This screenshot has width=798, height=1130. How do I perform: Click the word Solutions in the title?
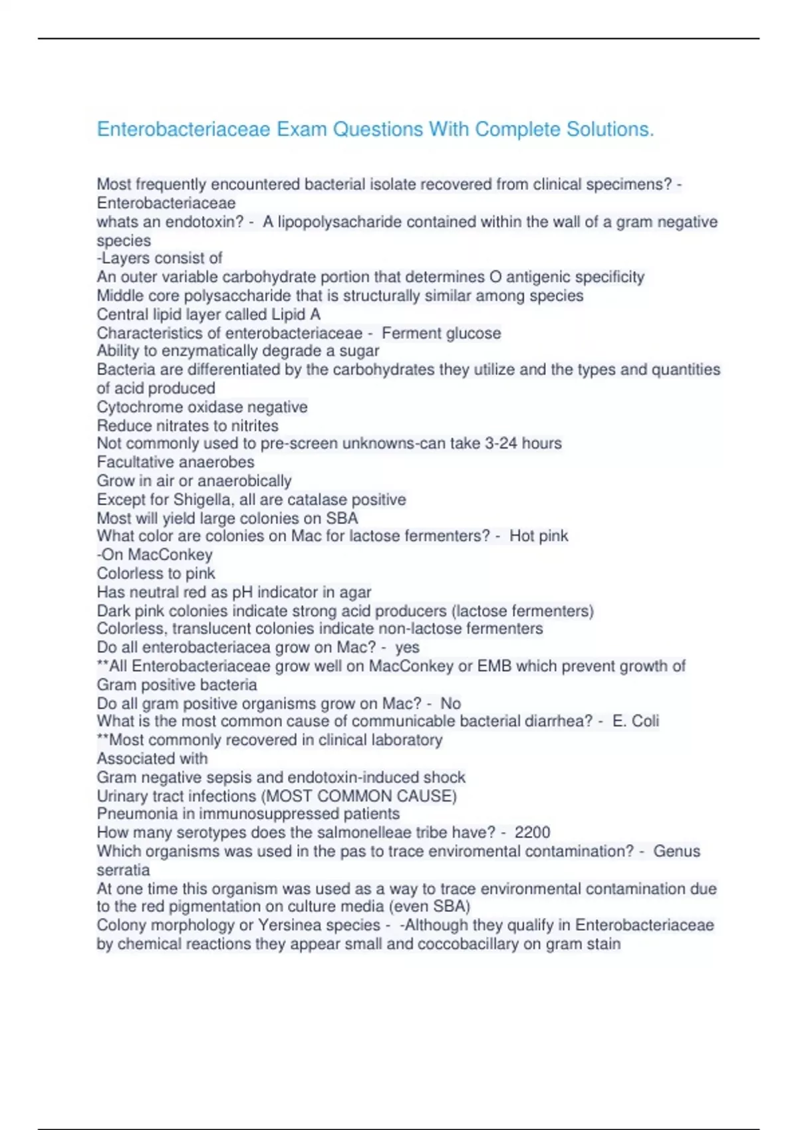point(610,129)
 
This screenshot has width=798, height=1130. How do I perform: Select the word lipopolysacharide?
point(340,222)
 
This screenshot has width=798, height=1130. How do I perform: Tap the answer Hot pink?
point(539,536)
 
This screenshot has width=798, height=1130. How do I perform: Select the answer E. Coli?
point(636,721)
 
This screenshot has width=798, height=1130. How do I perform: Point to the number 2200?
point(532,832)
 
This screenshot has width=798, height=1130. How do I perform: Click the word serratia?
point(123,870)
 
